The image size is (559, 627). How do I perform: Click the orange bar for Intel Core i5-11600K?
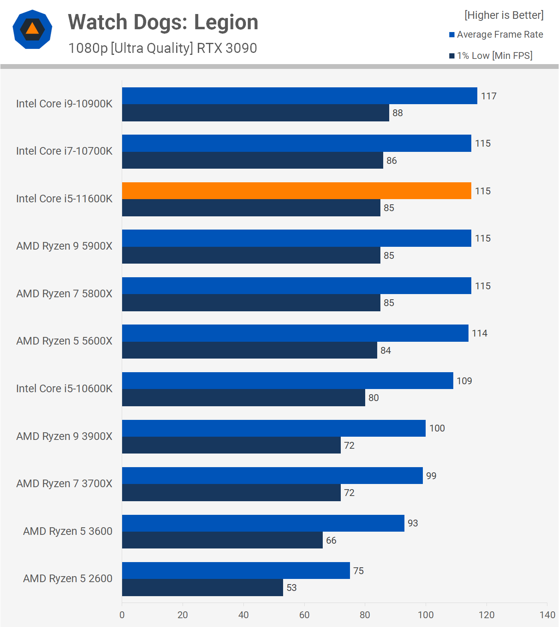[x=296, y=191]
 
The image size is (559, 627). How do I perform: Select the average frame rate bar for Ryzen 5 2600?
[x=236, y=571]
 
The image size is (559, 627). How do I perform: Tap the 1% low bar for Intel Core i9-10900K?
[x=255, y=113]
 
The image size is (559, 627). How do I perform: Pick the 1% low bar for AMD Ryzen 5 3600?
[x=222, y=540]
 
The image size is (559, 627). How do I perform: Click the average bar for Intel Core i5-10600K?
[x=288, y=381]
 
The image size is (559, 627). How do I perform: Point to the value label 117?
[x=489, y=96]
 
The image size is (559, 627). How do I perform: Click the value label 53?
[x=292, y=588]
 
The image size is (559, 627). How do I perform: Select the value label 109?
[x=464, y=381]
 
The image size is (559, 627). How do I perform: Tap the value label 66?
[x=331, y=540]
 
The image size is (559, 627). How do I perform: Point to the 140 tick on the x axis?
[x=547, y=615]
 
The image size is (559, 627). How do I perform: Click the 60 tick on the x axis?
[x=304, y=615]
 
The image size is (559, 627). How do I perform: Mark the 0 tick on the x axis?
[x=122, y=615]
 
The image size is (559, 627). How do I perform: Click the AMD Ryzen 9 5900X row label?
[x=64, y=246]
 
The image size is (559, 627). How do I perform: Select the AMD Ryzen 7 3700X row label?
[x=64, y=484]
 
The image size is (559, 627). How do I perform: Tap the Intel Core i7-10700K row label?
[x=64, y=151]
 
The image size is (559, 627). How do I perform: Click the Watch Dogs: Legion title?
[x=163, y=22]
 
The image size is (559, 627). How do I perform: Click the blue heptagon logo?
[x=32, y=29]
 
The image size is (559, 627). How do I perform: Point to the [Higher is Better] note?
[x=504, y=15]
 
